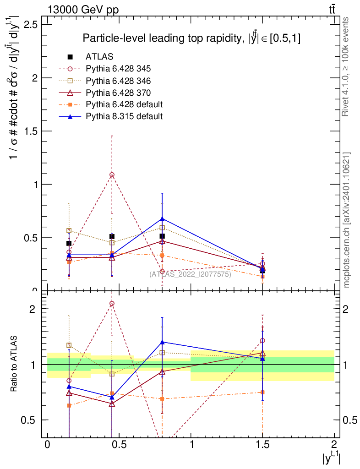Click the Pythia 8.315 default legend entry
click(124, 116)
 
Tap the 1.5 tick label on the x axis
click(262, 444)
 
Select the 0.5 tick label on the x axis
click(119, 444)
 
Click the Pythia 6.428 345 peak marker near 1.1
click(112, 175)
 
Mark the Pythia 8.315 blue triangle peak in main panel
click(162, 219)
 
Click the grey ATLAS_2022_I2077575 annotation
click(190, 274)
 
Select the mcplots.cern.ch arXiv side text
click(347, 220)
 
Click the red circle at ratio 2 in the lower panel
click(112, 303)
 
